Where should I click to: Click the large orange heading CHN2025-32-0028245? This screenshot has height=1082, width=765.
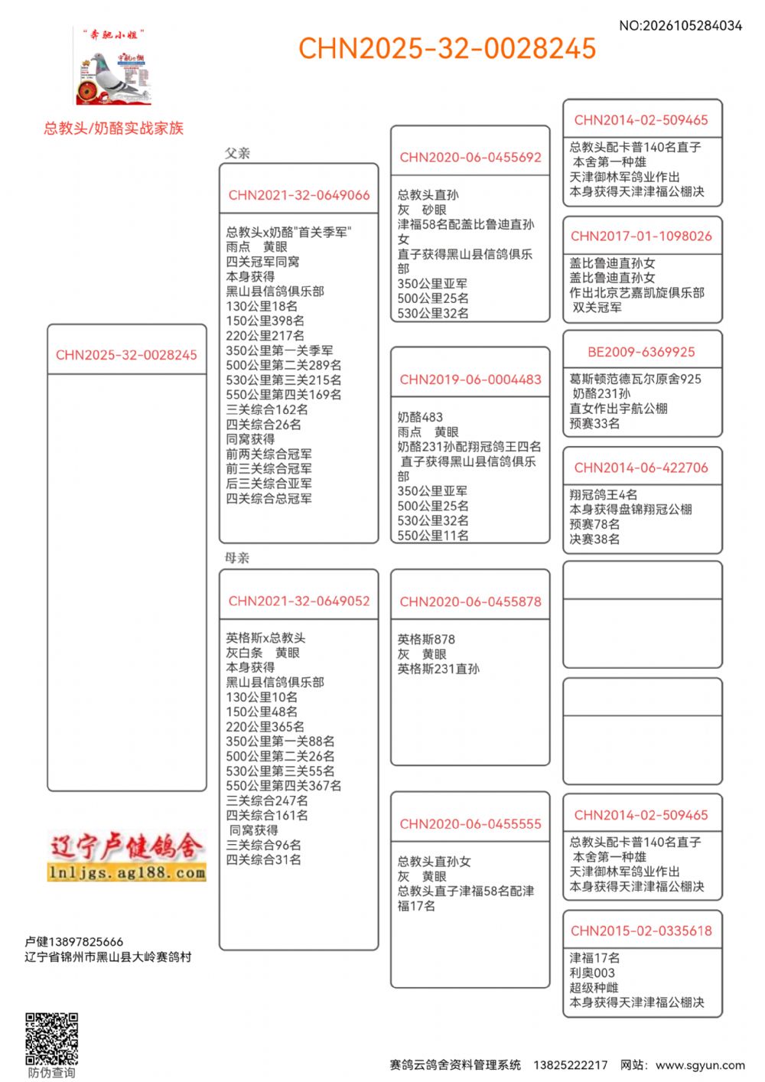point(447,48)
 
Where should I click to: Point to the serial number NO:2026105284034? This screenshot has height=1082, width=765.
point(680,26)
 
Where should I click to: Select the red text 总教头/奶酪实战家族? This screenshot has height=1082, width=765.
point(113,129)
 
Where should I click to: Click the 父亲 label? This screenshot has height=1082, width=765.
point(237,153)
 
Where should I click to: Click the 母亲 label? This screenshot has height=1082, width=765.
point(237,558)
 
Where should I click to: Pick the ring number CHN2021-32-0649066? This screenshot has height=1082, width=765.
point(298,195)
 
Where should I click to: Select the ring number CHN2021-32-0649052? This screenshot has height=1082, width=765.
point(298,601)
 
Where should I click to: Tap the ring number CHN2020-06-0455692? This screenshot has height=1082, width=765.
point(470,158)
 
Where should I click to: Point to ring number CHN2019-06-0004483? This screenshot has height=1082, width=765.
point(470,380)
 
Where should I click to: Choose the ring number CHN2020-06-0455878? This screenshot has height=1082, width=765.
point(470,602)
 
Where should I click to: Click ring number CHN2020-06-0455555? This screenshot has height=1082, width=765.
point(470,824)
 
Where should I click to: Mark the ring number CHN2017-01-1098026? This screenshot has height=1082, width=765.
point(641,236)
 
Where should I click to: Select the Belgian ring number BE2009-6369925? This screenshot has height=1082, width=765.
point(641,352)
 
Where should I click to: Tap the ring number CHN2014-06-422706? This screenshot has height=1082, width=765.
point(641,468)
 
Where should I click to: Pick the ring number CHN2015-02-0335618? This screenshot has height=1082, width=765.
point(641,931)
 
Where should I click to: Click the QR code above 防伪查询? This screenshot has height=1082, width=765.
point(51,1038)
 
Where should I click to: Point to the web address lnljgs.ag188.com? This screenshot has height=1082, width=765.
point(126,872)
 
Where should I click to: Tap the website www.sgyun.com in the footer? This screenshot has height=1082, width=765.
point(700,1065)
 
